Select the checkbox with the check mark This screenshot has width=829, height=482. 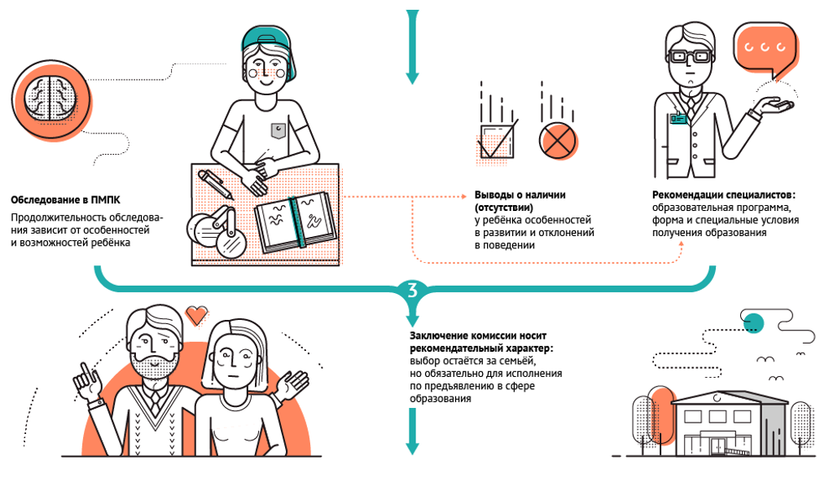(x=495, y=140)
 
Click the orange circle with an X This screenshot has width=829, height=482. (x=557, y=139)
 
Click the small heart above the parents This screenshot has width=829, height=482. (x=195, y=314)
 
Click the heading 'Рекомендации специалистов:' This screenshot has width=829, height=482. (x=723, y=195)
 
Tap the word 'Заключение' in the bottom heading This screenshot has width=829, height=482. (x=439, y=335)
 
